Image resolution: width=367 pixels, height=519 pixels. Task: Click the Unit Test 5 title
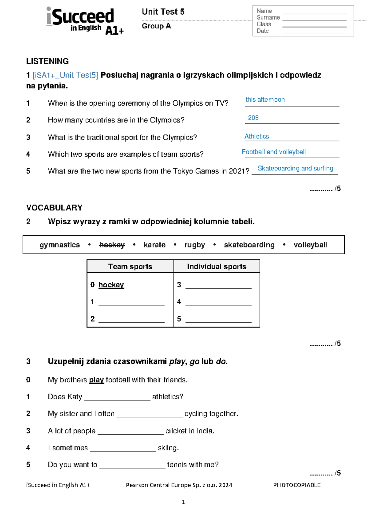[x=163, y=12]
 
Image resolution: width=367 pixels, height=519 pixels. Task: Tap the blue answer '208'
[x=253, y=118]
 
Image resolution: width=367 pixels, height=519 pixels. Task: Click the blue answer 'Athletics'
[x=257, y=136]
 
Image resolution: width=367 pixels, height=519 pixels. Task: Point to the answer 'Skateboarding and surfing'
[x=295, y=168]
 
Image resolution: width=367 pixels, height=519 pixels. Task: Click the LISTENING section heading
[x=47, y=61]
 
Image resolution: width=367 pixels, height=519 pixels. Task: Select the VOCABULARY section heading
[x=54, y=208]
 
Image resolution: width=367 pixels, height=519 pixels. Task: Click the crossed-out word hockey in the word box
[x=112, y=245]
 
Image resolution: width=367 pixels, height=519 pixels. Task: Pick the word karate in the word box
[x=154, y=245]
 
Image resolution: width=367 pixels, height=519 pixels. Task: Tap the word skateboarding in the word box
[x=249, y=245]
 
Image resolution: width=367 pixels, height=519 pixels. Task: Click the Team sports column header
[x=130, y=267]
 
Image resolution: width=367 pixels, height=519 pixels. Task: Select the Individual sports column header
[x=217, y=267]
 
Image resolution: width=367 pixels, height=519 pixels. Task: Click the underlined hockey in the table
[x=111, y=285]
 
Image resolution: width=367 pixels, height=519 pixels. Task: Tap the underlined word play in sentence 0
[x=96, y=380]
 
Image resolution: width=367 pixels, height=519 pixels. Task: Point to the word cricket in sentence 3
[x=176, y=431]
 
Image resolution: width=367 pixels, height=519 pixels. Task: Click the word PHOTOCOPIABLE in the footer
[x=297, y=485]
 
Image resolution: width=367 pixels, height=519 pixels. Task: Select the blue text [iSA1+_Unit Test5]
[x=65, y=75]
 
